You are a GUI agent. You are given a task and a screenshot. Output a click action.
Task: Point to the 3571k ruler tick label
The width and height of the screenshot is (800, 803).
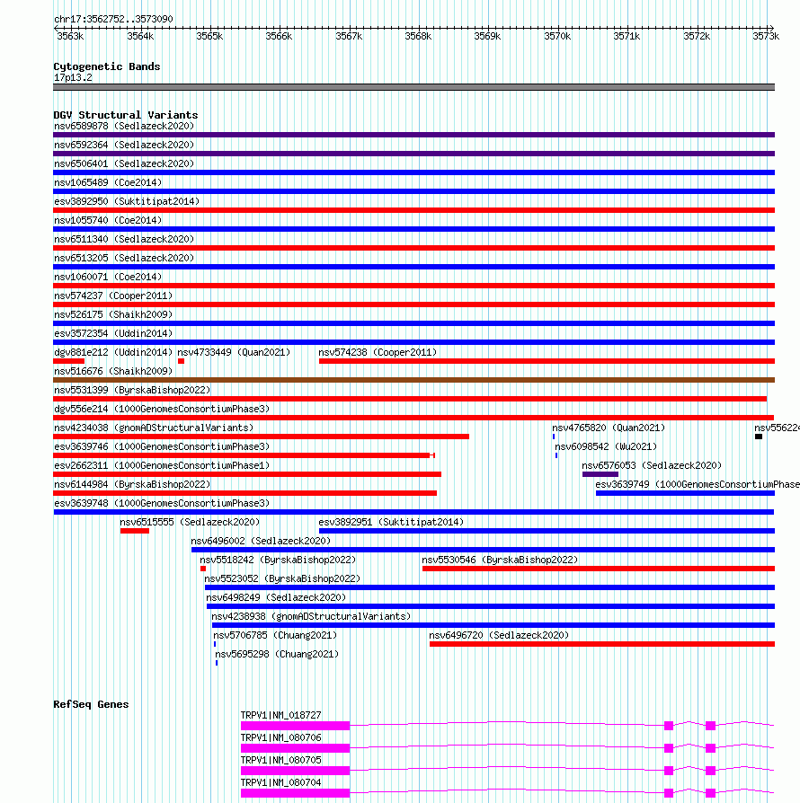pos(627,36)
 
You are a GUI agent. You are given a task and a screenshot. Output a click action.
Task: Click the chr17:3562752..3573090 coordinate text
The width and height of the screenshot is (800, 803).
pos(113,19)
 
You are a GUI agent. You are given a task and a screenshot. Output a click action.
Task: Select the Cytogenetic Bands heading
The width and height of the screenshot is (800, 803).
pos(106,66)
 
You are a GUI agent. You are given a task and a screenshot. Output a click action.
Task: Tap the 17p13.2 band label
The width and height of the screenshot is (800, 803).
pos(73,77)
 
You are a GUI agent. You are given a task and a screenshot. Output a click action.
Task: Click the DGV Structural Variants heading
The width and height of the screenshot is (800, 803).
pos(125,115)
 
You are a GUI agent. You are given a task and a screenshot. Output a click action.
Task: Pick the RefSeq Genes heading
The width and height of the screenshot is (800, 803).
pos(91,704)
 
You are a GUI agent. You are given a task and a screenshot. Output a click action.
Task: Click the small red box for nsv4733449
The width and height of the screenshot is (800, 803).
pos(181,361)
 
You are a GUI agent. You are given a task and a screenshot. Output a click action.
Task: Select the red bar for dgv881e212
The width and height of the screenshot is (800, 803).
pos(68,361)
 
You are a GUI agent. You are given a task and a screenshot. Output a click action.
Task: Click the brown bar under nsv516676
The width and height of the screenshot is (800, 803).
pos(413,380)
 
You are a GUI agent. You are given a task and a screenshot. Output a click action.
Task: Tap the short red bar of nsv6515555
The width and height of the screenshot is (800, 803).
pos(135,531)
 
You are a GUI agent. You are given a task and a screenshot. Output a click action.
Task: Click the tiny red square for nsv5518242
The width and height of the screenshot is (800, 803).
pos(203,569)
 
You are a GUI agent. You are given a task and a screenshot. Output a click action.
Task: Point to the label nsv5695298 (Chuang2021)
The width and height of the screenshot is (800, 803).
pos(277,654)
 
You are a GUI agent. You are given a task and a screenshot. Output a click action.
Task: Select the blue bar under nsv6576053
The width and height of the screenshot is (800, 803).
pos(600,474)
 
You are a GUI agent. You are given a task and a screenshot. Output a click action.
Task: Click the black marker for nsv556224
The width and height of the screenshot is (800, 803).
pos(759,437)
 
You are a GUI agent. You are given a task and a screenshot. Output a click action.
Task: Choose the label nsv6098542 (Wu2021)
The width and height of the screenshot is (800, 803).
pos(605,446)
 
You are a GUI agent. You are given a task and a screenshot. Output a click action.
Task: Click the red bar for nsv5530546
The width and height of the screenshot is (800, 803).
pos(598,569)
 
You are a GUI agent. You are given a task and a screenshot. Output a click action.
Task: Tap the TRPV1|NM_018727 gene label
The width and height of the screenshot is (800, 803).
pos(280,715)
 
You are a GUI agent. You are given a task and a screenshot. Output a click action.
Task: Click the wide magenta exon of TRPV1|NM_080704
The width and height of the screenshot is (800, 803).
pos(295,793)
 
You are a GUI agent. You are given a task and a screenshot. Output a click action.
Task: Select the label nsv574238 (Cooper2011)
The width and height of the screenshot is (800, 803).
pos(378,352)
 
